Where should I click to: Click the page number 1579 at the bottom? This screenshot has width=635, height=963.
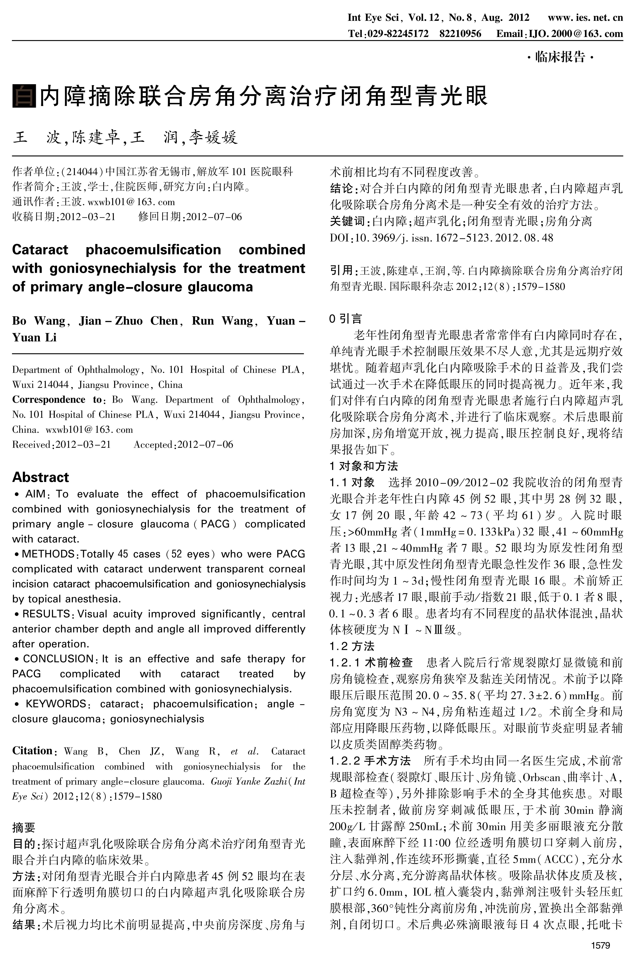(x=601, y=946)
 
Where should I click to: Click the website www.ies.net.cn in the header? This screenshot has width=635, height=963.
(x=585, y=17)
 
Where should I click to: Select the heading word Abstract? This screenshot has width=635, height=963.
(x=40, y=477)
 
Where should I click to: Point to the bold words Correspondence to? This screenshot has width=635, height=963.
(x=57, y=399)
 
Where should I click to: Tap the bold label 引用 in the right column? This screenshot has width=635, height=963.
(x=341, y=270)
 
